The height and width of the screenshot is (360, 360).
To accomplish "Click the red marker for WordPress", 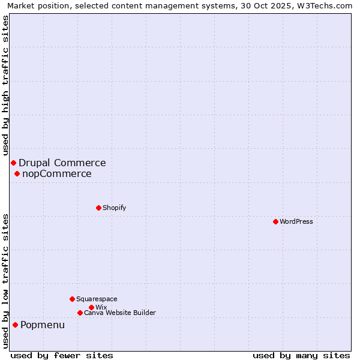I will pyautogui.click(x=275, y=222).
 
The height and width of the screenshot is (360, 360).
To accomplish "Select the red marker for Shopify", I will pyautogui.click(x=98, y=208).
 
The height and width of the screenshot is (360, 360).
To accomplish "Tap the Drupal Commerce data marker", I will pyautogui.click(x=13, y=163).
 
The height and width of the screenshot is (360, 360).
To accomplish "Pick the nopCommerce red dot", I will pyautogui.click(x=17, y=174).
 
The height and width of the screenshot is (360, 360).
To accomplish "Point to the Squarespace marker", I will pyautogui.click(x=72, y=299).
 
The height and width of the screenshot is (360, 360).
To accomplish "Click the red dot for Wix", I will pyautogui.click(x=91, y=308).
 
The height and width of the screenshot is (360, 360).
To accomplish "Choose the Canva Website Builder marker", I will pyautogui.click(x=80, y=313).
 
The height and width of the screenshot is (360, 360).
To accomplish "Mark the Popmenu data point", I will pyautogui.click(x=15, y=325).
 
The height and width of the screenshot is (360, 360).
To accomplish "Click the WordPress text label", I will pyautogui.click(x=296, y=222).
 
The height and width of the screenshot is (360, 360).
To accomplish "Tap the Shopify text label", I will pyautogui.click(x=115, y=208).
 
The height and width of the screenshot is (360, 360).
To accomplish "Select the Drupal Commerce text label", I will pyautogui.click(x=62, y=163).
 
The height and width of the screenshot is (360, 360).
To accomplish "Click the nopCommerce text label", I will pyautogui.click(x=57, y=174).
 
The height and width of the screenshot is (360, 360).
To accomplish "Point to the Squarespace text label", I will pyautogui.click(x=97, y=299).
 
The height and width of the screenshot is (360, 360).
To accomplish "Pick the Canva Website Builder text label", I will pyautogui.click(x=120, y=313).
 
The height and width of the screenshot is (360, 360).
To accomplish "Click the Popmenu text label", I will pyautogui.click(x=43, y=325).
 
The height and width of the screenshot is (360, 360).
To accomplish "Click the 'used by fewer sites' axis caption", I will pyautogui.click(x=62, y=355).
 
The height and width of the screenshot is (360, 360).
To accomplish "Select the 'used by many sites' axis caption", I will pyautogui.click(x=301, y=355).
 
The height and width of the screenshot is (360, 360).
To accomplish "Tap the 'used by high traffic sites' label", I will pyautogui.click(x=5, y=85).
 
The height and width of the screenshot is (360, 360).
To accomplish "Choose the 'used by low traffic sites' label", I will pyautogui.click(x=5, y=281).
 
